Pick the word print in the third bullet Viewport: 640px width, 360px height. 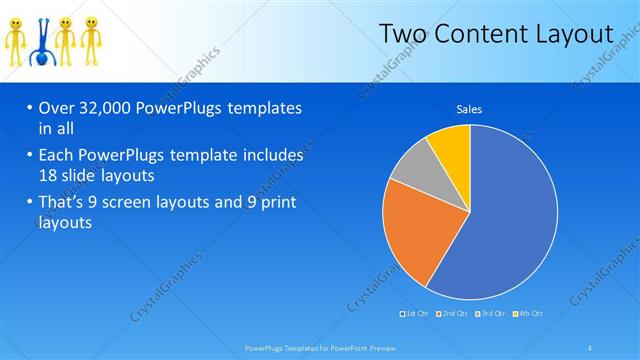[283, 203]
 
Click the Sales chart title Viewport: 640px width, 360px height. [469, 110]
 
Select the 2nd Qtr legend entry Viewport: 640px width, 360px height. [453, 314]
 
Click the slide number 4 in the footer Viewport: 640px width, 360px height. [591, 347]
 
